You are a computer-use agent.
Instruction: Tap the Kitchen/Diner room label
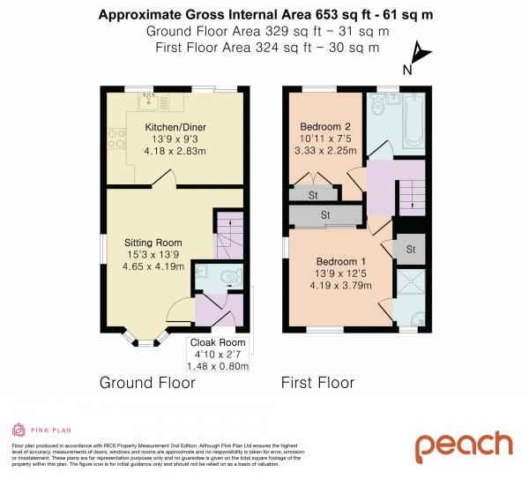[x=173, y=127]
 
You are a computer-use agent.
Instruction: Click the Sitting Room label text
[x=153, y=242]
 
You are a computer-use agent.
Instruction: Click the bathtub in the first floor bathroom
[x=412, y=123]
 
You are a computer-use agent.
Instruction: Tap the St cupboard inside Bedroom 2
[x=312, y=194]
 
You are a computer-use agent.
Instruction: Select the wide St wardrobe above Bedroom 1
[x=325, y=213]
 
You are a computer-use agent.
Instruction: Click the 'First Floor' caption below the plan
[x=317, y=383]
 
